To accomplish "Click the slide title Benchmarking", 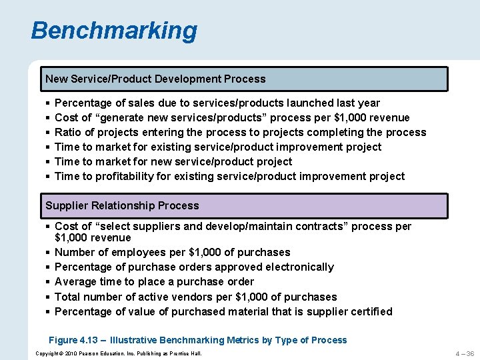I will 114,31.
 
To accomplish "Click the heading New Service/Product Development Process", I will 155,79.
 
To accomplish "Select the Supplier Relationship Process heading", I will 122,205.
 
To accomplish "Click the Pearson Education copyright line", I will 118,353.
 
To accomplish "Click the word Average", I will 76,281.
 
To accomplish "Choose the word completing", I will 341,132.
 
